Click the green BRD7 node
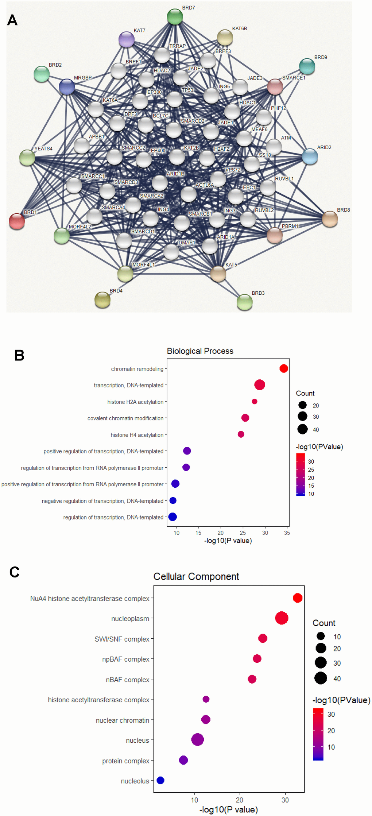click(175, 17)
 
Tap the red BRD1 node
click(17, 221)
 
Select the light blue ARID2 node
click(310, 156)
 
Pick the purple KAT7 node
click(127, 39)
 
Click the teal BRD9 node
click(307, 66)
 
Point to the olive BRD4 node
click(102, 300)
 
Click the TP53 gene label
click(187, 90)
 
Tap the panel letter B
click(19, 355)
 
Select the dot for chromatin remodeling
click(284, 368)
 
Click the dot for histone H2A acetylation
click(255, 401)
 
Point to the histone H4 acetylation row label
click(137, 435)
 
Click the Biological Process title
click(200, 351)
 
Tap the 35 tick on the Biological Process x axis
click(287, 533)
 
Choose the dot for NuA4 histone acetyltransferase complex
click(298, 598)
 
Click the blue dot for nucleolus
click(160, 780)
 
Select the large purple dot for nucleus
click(197, 740)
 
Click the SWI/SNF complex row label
click(122, 639)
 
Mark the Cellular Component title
click(196, 577)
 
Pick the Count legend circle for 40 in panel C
click(321, 678)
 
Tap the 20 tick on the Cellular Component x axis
click(239, 800)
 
